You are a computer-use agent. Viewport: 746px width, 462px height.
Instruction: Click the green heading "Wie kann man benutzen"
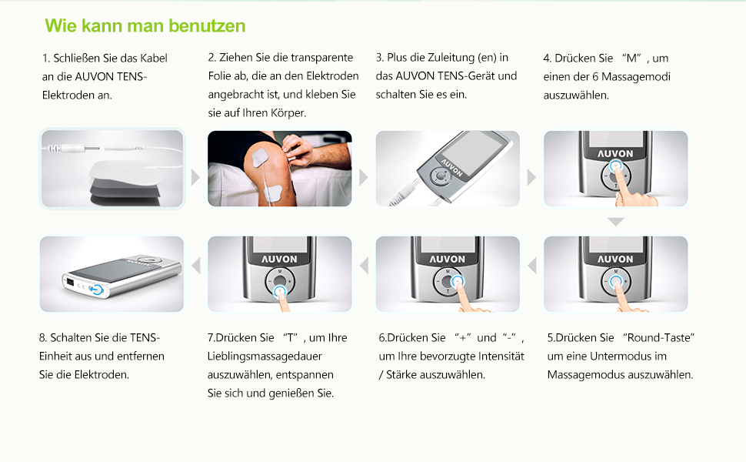145,25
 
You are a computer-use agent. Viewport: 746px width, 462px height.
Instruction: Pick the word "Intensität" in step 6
501,357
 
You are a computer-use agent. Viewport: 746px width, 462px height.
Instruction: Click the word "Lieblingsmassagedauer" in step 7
265,357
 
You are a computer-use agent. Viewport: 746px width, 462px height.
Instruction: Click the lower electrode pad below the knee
274,193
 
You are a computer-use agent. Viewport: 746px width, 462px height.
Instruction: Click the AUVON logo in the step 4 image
615,154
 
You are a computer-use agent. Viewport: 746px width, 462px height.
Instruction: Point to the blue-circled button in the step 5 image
616,282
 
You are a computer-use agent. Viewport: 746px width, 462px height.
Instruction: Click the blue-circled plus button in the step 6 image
458,282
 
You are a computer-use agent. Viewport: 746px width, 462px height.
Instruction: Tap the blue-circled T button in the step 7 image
280,290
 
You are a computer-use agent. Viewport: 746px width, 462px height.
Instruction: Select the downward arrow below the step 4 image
615,222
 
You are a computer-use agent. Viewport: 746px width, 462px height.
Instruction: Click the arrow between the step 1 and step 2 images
195,177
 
